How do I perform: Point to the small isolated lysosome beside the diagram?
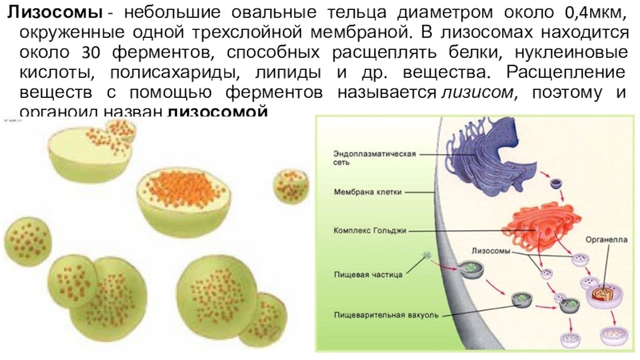(288, 186)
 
